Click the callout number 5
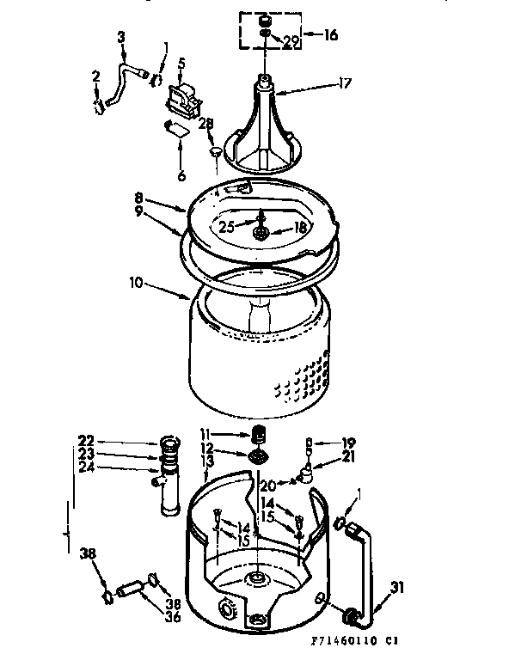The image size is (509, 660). tap(182, 64)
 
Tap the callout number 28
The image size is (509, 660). tap(205, 124)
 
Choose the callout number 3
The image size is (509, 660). tap(121, 38)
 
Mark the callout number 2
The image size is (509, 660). tap(97, 80)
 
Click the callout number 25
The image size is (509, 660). tap(225, 227)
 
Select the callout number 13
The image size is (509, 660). tap(205, 461)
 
